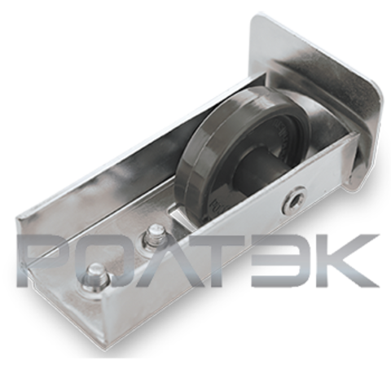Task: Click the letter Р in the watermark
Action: (43, 260)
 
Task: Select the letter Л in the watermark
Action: (169, 260)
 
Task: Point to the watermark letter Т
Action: (226, 260)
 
